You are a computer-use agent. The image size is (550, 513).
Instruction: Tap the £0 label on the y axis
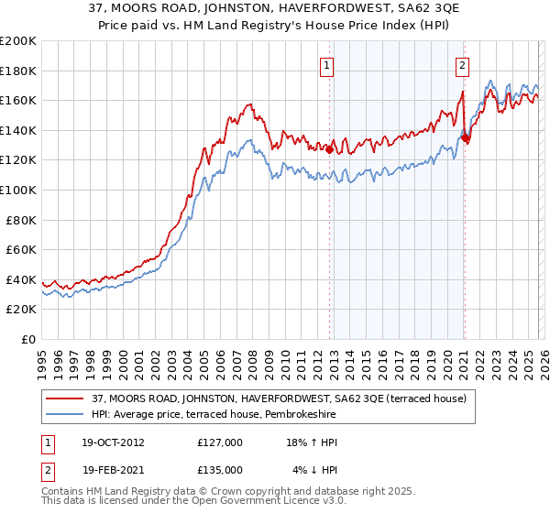pyautogui.click(x=28, y=339)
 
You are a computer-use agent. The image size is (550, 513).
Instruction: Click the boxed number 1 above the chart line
pyautogui.click(x=327, y=65)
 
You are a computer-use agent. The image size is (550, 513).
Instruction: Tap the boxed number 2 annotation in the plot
pyautogui.click(x=463, y=65)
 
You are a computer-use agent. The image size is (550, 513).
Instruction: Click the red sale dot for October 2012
pyautogui.click(x=329, y=150)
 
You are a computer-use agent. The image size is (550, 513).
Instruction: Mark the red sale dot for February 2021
pyautogui.click(x=465, y=138)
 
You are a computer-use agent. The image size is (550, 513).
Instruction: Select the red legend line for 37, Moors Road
pyautogui.click(x=64, y=399)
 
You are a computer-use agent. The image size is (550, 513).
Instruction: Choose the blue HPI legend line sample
pyautogui.click(x=64, y=415)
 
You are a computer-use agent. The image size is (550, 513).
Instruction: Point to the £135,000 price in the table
pyautogui.click(x=219, y=470)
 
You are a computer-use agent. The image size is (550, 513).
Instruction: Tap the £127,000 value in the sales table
pyautogui.click(x=219, y=443)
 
